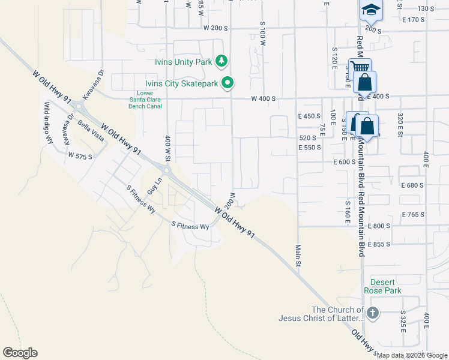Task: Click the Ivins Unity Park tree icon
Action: click(x=222, y=60)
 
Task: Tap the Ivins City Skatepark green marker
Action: click(x=228, y=83)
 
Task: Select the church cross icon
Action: click(x=372, y=313)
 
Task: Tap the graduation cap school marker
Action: click(x=371, y=10)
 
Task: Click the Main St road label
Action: click(x=297, y=251)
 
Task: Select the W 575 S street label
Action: click(x=80, y=155)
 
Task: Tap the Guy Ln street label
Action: click(x=158, y=183)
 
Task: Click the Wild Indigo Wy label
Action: click(x=47, y=122)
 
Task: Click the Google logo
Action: click(x=20, y=353)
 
